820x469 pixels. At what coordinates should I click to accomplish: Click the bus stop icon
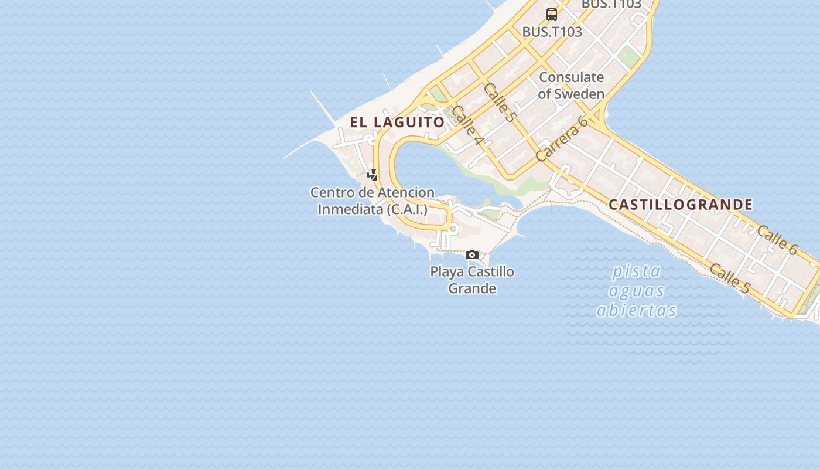(x=551, y=15)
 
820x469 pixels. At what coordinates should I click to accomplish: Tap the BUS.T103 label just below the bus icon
(x=552, y=32)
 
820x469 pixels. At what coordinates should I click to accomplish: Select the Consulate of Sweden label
(x=571, y=86)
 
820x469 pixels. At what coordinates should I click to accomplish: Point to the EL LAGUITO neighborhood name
(x=398, y=123)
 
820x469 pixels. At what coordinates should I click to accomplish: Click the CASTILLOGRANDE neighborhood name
(x=681, y=205)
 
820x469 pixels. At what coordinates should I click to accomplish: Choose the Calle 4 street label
(x=468, y=125)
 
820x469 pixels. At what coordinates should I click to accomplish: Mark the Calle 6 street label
(x=777, y=240)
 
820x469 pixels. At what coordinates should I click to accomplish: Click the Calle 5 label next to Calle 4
(x=500, y=102)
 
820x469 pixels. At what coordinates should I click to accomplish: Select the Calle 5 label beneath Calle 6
(x=729, y=278)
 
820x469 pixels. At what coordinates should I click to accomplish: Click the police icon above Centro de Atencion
(x=372, y=175)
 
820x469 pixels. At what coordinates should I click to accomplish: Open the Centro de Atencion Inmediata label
(x=373, y=200)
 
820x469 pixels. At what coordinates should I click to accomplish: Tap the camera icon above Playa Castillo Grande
(x=472, y=254)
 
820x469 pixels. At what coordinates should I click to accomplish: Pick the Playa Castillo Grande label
(x=472, y=280)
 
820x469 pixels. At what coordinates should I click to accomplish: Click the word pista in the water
(x=637, y=271)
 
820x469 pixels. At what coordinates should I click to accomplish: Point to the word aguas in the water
(x=637, y=291)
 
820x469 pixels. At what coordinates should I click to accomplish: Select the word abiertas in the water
(x=637, y=310)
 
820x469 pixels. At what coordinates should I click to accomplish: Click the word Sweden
(x=579, y=94)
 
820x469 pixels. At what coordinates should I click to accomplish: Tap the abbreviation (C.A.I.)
(x=407, y=209)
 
